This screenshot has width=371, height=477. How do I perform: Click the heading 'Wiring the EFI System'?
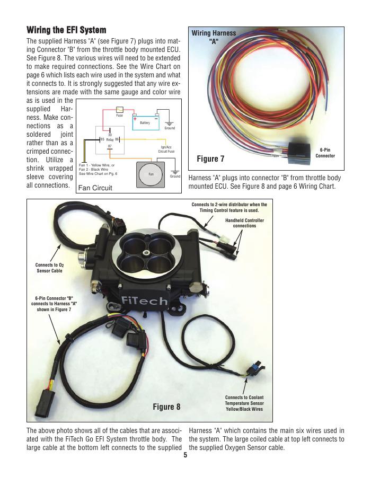pos(66,30)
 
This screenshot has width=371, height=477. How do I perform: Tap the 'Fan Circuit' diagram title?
pos(95,188)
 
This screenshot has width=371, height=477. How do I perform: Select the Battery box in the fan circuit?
pos(146,122)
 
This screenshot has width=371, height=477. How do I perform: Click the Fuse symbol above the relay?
pos(119,110)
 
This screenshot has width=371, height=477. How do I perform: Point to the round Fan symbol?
pos(151,174)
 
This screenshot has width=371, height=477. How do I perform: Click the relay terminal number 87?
pos(110,146)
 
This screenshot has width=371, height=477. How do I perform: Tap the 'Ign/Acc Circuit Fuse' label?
pos(166,149)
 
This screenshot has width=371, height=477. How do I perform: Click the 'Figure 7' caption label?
pos(210,159)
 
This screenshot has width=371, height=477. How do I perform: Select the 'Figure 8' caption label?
pos(166,407)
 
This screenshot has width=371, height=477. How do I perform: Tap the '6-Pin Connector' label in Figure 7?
pos(325,153)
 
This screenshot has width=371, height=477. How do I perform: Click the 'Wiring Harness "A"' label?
pos(214,37)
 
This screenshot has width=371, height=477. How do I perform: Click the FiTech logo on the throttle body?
pos(144,301)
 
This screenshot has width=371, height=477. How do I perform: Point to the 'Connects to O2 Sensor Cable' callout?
pos(50,268)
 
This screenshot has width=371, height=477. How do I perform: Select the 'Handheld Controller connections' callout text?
pos(244,223)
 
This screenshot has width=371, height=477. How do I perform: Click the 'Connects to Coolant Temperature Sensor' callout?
pos(244,403)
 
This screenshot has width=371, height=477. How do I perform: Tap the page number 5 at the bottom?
pos(185,455)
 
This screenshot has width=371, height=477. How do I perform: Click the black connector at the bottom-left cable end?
pos(45,402)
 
